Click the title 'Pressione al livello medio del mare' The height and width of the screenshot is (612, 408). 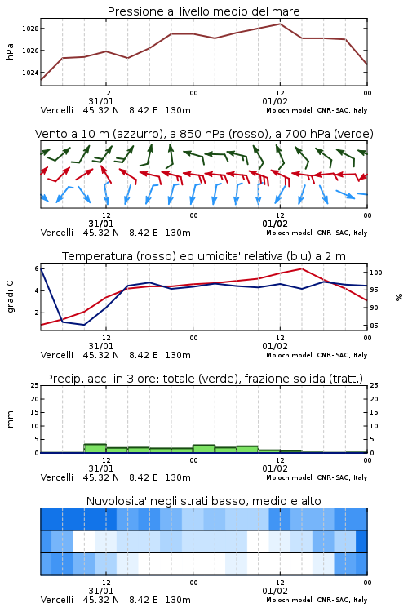(203, 11)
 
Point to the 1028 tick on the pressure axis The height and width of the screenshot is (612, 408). (30, 29)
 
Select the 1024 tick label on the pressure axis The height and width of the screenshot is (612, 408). (30, 73)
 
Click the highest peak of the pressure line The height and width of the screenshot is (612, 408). (280, 24)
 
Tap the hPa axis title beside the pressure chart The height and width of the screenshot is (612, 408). (10, 51)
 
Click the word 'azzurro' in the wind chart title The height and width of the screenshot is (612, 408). (137, 134)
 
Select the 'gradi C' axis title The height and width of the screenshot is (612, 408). (11, 297)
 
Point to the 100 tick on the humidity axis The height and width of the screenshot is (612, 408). (376, 273)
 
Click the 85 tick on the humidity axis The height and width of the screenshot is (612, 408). (374, 326)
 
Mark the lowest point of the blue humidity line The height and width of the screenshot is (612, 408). (84, 325)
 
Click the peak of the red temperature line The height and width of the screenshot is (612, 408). (301, 268)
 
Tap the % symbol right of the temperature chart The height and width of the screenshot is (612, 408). (399, 297)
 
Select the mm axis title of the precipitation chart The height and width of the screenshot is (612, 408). (10, 419)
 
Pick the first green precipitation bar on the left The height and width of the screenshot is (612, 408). (95, 449)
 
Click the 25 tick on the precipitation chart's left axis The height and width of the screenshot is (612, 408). (35, 385)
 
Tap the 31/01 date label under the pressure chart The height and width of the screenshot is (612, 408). (100, 101)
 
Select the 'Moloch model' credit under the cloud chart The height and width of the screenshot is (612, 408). (290, 600)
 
